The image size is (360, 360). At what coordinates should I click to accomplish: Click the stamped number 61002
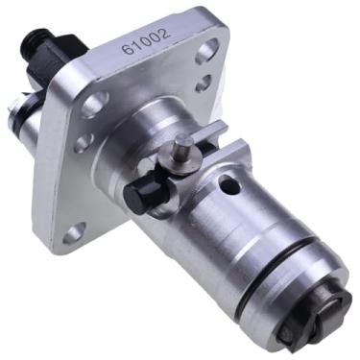146,41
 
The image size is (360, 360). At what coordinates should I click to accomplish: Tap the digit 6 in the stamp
128,49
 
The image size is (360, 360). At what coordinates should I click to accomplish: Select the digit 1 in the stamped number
137,45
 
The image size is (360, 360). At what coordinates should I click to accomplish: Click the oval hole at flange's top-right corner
207,51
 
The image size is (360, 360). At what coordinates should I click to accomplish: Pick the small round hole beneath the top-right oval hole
204,83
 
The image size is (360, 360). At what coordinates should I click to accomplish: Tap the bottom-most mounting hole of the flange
74,233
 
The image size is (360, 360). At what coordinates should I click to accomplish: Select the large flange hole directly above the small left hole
95,104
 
